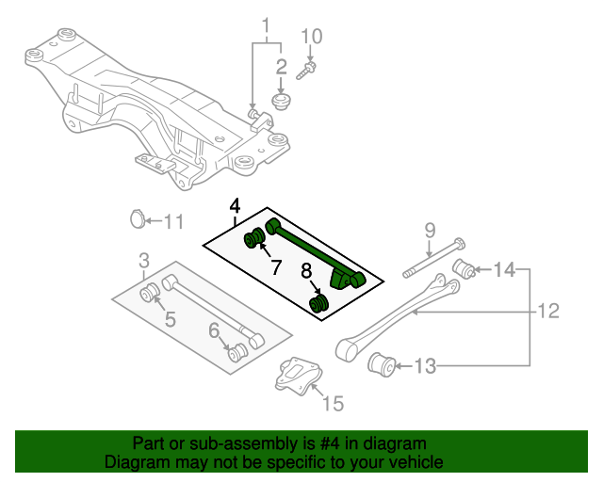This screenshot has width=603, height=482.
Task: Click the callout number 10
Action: point(311,37)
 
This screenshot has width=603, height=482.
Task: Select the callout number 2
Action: point(280,66)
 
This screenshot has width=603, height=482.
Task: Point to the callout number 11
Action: point(172,222)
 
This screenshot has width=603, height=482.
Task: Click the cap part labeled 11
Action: point(137,220)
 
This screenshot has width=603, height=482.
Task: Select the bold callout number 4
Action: point(234,206)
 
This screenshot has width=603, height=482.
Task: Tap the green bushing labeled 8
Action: point(319,303)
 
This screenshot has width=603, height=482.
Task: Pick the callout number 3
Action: point(143,260)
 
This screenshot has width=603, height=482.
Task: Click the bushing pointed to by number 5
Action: point(149,294)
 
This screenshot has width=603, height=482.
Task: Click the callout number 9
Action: point(429,229)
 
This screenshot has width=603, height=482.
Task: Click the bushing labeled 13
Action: point(382,362)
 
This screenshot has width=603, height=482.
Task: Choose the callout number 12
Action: point(548,310)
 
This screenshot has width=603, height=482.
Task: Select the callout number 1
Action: point(266,24)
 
